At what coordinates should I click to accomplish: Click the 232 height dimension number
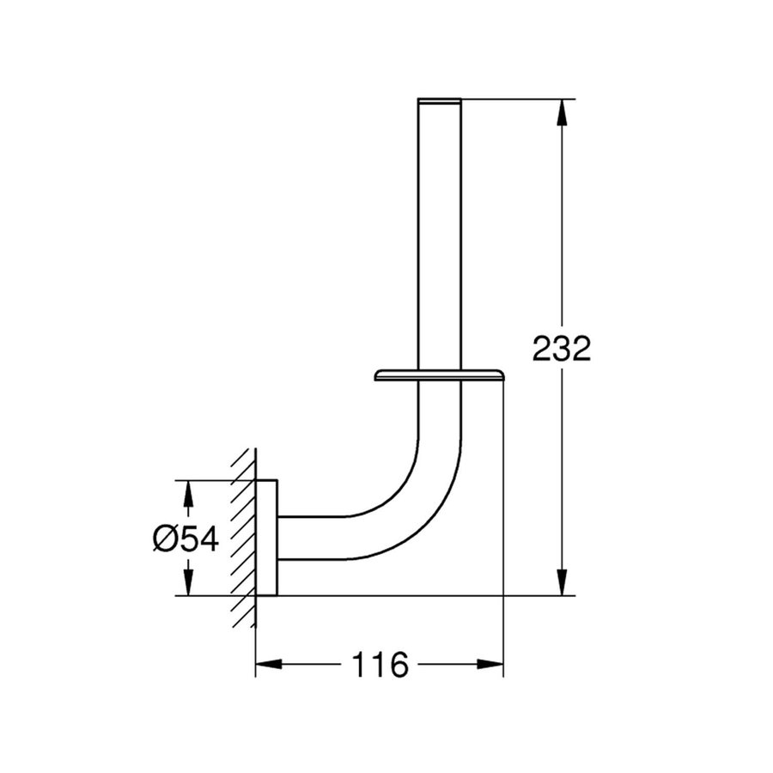click(562, 349)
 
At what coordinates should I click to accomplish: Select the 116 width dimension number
click(380, 665)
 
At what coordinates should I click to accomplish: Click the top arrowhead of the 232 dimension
click(562, 113)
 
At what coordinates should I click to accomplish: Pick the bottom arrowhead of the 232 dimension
click(562, 582)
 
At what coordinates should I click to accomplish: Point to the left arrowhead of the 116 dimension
click(269, 664)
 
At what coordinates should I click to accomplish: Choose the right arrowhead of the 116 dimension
click(490, 664)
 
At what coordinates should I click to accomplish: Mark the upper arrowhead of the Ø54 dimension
click(187, 494)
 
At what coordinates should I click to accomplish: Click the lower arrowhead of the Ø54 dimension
click(187, 582)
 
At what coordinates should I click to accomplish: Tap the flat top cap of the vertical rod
click(440, 101)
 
